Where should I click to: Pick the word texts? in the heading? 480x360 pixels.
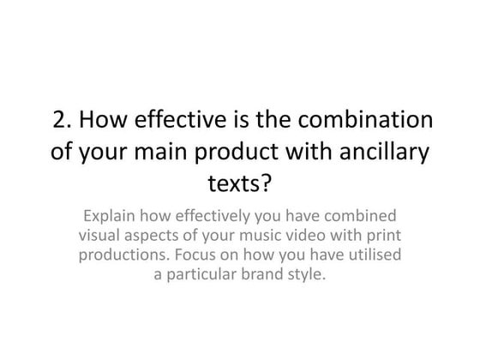[x=239, y=185]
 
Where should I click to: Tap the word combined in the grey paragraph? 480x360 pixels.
[x=362, y=216]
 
